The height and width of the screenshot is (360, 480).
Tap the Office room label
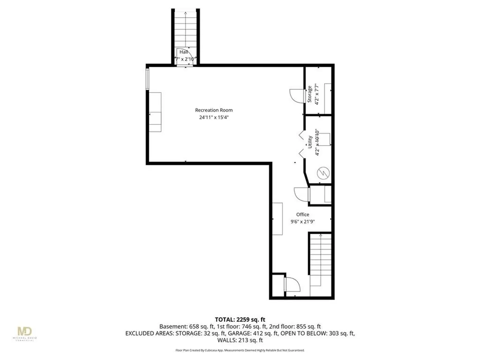(302, 215)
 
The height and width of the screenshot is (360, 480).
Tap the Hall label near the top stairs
(184, 52)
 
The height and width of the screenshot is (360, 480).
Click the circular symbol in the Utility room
(323, 173)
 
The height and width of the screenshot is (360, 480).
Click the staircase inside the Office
(321, 262)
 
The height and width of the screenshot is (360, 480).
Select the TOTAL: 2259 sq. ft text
(240, 319)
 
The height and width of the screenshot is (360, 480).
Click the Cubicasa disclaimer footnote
(240, 350)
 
